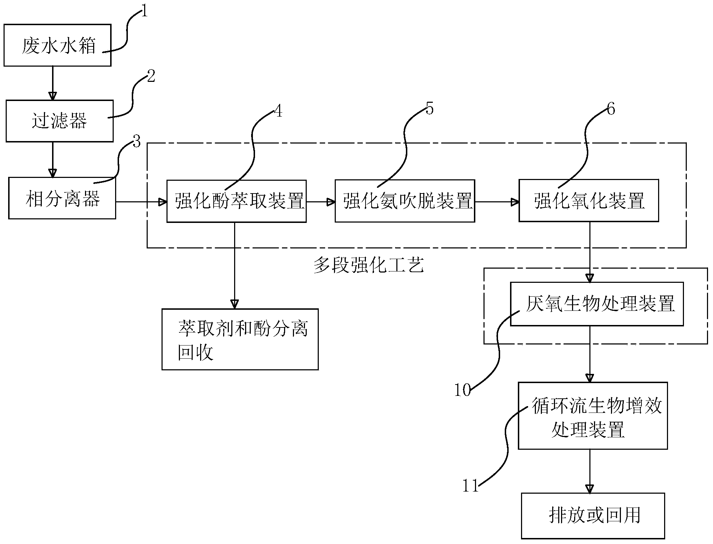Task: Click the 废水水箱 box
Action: [x=57, y=45]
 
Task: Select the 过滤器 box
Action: [x=60, y=121]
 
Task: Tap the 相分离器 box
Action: [x=62, y=198]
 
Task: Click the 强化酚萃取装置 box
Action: [x=237, y=201]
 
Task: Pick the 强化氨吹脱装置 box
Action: [x=405, y=201]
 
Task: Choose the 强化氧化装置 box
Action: [x=589, y=201]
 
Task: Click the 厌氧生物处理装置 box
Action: [x=597, y=304]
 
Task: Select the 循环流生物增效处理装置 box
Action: [x=593, y=416]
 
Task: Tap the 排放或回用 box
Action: [x=593, y=516]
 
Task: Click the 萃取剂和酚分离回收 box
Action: [x=240, y=339]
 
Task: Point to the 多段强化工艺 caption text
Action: [x=369, y=265]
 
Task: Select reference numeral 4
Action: [x=279, y=111]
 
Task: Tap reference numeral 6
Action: [x=611, y=109]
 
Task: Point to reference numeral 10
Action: [x=463, y=391]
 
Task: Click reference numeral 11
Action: [x=471, y=486]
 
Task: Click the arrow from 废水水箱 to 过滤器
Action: [x=53, y=83]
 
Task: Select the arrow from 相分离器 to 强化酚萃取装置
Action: [x=141, y=202]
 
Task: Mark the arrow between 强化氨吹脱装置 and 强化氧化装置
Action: [x=497, y=202]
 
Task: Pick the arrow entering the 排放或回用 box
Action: [x=590, y=471]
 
